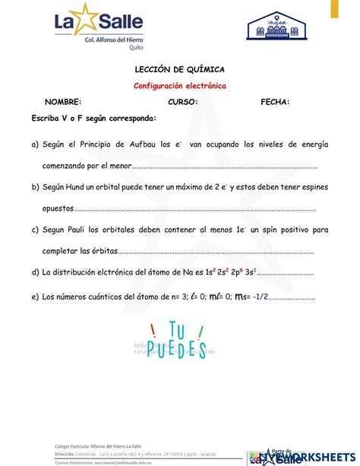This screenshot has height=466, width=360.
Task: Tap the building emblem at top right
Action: click(x=280, y=30)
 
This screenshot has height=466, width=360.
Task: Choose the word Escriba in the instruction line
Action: click(x=46, y=119)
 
